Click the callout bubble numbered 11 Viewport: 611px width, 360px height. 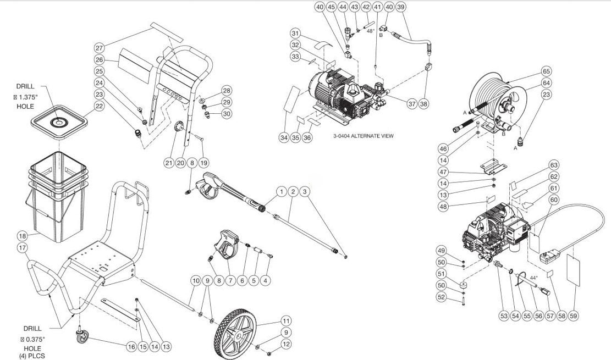click(x=285, y=320)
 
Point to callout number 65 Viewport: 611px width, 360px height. click(x=546, y=71)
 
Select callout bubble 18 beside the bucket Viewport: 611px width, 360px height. click(x=23, y=236)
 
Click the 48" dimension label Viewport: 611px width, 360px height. click(x=372, y=31)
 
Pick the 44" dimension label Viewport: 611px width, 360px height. click(x=534, y=279)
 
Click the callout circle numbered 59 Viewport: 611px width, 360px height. click(x=575, y=316)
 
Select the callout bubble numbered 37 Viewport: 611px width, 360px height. click(x=412, y=103)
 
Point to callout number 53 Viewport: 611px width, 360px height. click(x=503, y=316)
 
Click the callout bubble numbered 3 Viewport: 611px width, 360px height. click(x=306, y=192)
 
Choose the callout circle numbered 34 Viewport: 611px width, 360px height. click(x=283, y=137)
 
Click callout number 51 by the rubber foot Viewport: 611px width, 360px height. click(x=441, y=274)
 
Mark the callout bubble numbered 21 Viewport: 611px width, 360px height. click(x=169, y=162)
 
